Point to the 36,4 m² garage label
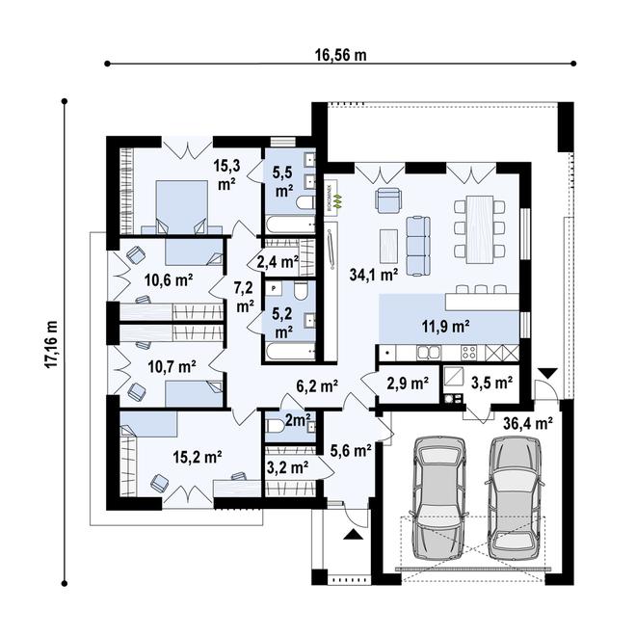pos(527,422)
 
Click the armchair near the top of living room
pos(387,199)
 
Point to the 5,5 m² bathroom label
pos(283,181)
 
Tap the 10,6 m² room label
pos(168,280)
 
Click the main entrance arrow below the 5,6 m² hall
pos(352,529)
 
